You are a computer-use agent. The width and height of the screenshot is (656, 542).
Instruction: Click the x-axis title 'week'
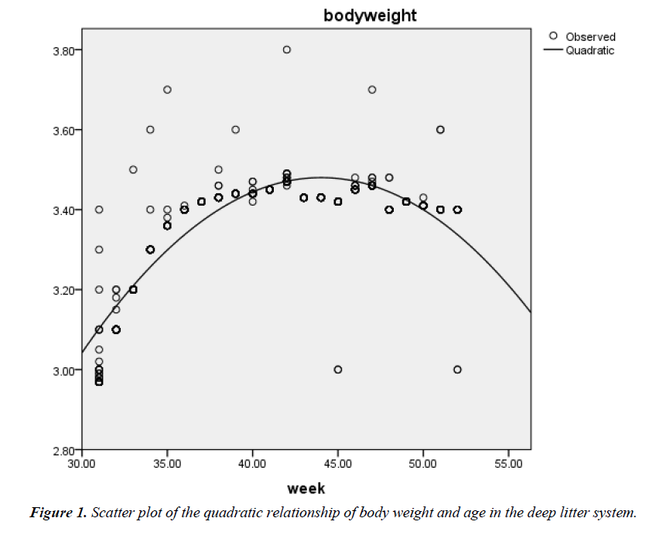pos(306,489)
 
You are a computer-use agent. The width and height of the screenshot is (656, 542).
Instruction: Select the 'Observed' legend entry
pos(589,36)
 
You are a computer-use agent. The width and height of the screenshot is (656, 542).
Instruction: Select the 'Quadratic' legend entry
pos(589,50)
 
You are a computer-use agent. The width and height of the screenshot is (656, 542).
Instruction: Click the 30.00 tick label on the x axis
pos(82,463)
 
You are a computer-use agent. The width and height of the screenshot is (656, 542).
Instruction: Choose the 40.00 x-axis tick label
pos(252,463)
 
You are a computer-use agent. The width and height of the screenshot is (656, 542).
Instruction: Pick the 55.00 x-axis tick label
pos(507,463)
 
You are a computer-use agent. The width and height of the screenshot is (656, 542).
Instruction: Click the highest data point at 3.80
pos(286,49)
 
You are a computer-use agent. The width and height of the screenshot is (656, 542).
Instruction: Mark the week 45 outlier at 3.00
pos(338,370)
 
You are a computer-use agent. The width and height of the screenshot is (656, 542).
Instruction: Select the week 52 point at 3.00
pos(457,370)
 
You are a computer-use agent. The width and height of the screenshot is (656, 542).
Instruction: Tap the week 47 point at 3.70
pos(372,90)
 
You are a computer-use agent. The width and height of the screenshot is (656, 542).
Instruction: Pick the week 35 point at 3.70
pos(167,90)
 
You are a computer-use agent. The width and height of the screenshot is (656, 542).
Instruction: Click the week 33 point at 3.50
pos(133,169)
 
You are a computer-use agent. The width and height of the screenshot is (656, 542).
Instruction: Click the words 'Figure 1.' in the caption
pos(59,513)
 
